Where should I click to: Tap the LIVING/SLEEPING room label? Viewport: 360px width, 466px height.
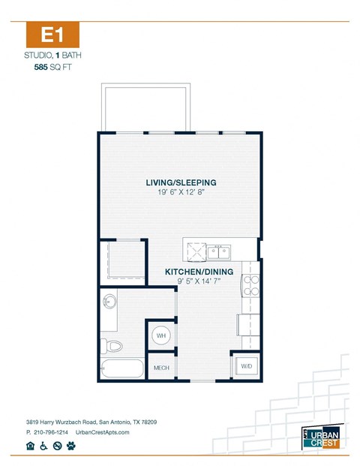pyautogui.click(x=181, y=182)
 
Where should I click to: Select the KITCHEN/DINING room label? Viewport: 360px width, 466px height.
pyautogui.click(x=199, y=272)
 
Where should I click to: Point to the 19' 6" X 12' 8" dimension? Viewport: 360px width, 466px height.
pyautogui.click(x=181, y=193)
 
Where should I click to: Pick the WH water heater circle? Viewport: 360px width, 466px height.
pyautogui.click(x=161, y=335)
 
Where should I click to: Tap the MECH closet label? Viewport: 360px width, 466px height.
pyautogui.click(x=161, y=368)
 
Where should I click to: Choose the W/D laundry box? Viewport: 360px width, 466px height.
pyautogui.click(x=245, y=366)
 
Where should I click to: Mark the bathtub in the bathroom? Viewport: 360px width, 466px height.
pyautogui.click(x=121, y=369)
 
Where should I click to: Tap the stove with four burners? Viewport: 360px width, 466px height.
pyautogui.click(x=250, y=286)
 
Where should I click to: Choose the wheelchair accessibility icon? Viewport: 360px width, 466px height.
pyautogui.click(x=44, y=446)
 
